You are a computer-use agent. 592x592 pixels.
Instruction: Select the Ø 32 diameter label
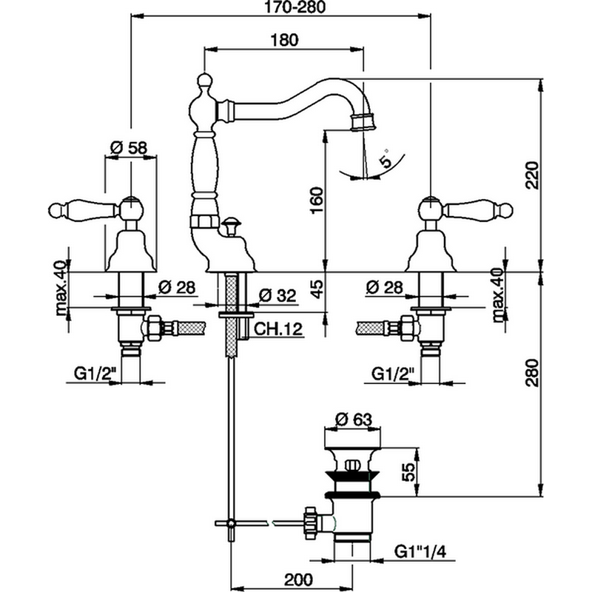277,295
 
